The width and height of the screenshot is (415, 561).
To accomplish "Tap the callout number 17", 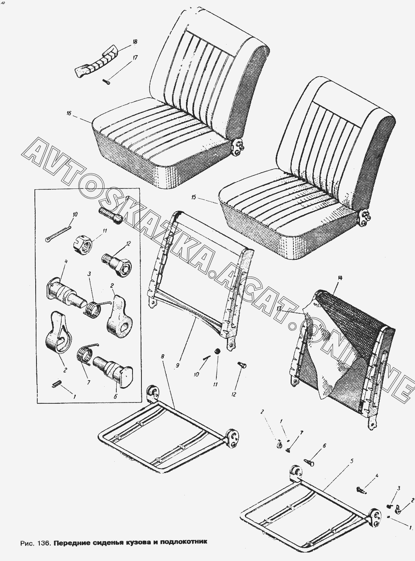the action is pos(135,58).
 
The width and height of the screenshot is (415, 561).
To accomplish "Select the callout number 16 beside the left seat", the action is pos(69,113).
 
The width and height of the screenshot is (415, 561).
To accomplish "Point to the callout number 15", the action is pos(194,197).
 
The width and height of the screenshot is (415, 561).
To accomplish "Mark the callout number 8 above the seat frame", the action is pos(163,356).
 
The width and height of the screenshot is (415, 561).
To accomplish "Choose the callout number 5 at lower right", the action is pos(352,461).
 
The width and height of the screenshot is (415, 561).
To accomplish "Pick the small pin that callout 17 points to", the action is pos(106,81).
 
